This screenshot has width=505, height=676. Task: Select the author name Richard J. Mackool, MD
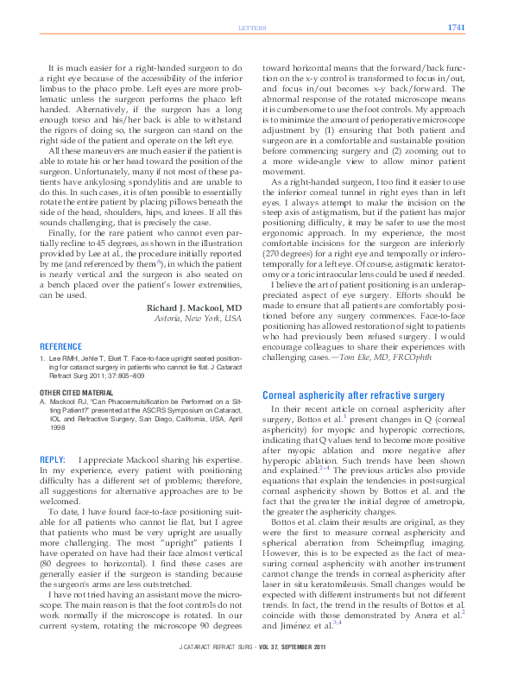coord(194,307)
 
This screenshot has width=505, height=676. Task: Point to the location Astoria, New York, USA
coord(198,319)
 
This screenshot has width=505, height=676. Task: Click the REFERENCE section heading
coord(61,346)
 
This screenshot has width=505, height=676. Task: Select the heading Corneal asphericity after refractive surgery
coord(353,395)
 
